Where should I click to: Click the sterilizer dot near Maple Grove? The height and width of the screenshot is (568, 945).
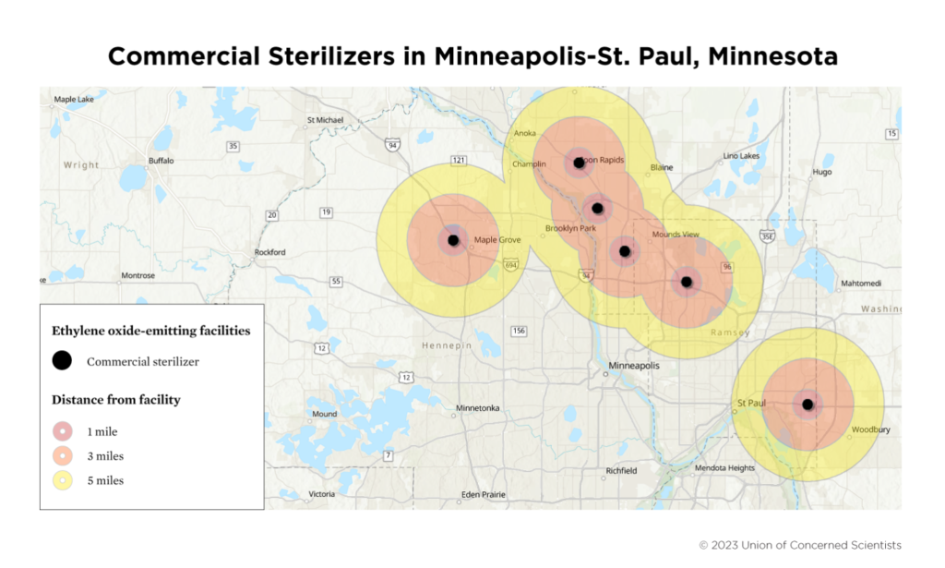[x=453, y=240]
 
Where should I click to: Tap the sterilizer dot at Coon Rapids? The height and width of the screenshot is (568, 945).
[x=579, y=163]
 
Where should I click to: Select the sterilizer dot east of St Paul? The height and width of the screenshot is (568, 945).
[x=807, y=404]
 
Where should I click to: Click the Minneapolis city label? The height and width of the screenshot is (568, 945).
[x=633, y=367]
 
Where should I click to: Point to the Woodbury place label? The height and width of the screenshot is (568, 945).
[x=870, y=429]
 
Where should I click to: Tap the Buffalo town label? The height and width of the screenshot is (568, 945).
[x=161, y=160]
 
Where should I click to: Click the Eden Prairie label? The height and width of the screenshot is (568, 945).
[x=483, y=494]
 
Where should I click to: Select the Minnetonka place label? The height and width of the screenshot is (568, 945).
[x=478, y=407]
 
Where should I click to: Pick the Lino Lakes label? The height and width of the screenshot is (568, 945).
[x=741, y=155]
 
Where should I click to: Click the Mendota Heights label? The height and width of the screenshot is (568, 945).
[x=724, y=468]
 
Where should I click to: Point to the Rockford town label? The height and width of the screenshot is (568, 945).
[x=269, y=252]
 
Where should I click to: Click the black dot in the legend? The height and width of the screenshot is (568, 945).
[x=62, y=361]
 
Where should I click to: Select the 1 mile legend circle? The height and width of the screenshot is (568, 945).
[x=62, y=431]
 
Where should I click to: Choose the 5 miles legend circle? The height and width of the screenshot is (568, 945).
[x=62, y=480]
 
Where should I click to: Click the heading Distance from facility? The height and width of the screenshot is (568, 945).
[x=115, y=400]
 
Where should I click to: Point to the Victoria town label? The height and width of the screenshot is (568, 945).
[x=321, y=494]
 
